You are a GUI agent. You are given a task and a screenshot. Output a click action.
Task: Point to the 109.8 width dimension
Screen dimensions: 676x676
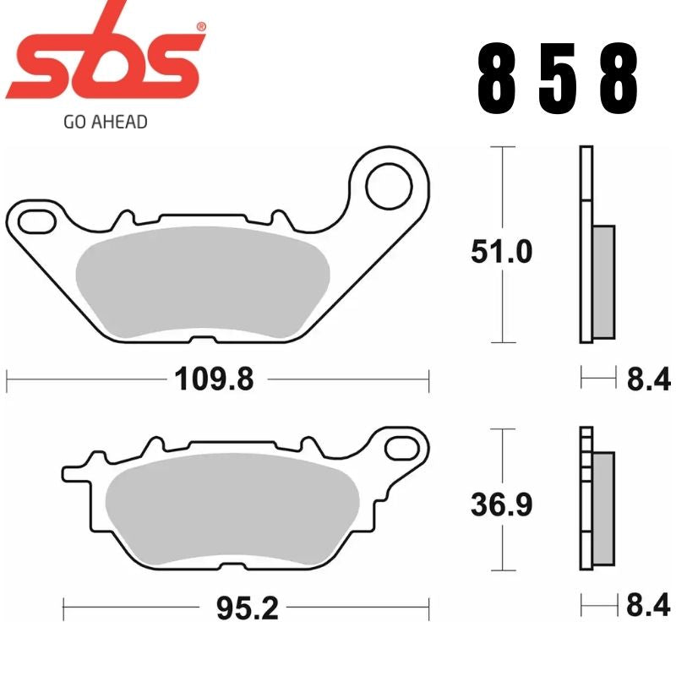point(215,380)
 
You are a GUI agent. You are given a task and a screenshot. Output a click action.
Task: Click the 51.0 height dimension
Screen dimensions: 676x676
point(503,251)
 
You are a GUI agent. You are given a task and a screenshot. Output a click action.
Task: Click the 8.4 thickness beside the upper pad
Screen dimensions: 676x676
point(648,380)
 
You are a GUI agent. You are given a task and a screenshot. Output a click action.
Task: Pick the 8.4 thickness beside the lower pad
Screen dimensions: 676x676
point(648,606)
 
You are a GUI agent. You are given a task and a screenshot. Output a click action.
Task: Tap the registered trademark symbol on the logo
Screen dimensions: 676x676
point(200,27)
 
